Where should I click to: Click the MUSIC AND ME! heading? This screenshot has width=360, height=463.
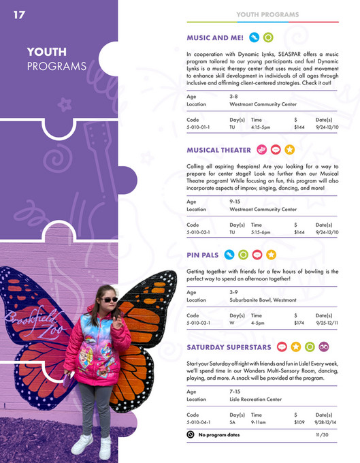(x=215, y=37)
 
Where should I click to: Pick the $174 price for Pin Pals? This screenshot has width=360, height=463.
(x=299, y=323)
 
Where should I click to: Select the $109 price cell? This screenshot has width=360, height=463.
(x=299, y=423)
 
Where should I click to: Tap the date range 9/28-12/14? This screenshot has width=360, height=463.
(x=327, y=423)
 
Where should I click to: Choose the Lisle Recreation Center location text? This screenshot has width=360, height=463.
(x=255, y=400)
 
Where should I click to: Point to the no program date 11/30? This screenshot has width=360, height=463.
(x=322, y=435)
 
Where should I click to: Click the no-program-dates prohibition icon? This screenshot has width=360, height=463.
(x=191, y=434)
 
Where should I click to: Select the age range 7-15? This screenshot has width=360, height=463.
(x=235, y=392)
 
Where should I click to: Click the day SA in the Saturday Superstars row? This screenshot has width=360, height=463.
(x=233, y=423)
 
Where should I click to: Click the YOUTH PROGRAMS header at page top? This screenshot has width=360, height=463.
(x=267, y=14)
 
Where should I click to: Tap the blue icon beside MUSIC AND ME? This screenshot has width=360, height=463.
(x=254, y=37)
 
